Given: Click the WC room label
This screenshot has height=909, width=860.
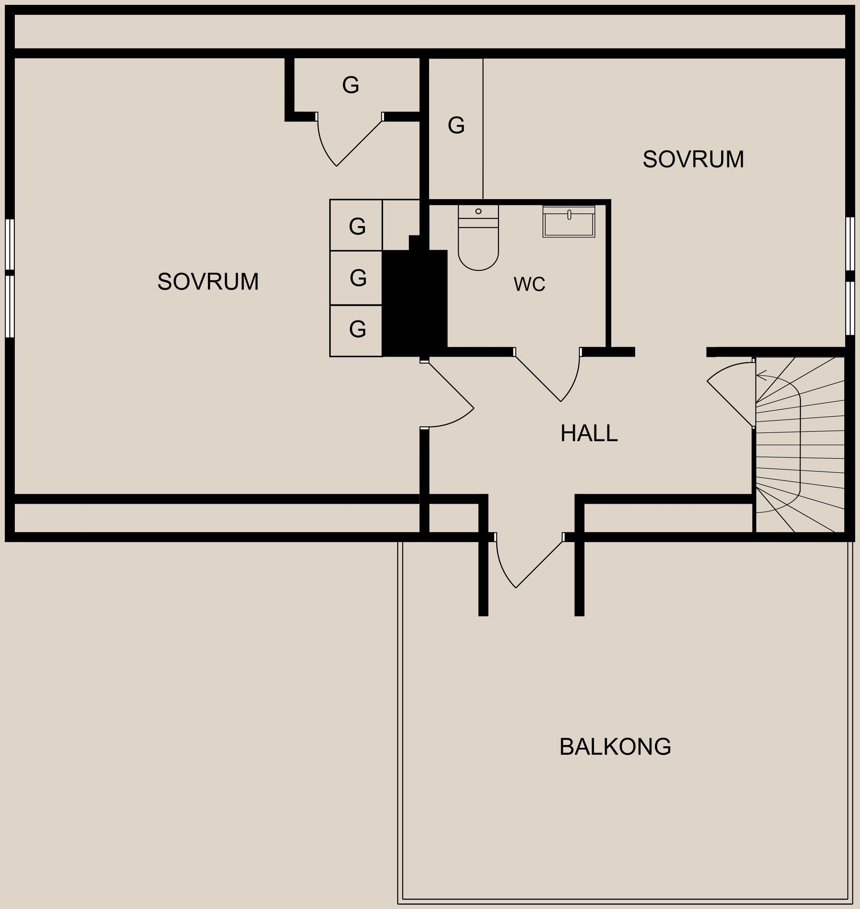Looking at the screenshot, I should pyautogui.click(x=529, y=284).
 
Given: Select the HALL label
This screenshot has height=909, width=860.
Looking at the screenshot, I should pyautogui.click(x=589, y=433).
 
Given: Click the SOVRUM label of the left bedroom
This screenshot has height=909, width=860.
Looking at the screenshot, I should pyautogui.click(x=208, y=281).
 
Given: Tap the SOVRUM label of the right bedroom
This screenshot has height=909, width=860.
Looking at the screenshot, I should pyautogui.click(x=692, y=159).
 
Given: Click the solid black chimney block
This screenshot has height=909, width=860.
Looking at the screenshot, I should pyautogui.click(x=414, y=303).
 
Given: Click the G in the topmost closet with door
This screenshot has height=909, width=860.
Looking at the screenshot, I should pyautogui.click(x=350, y=85).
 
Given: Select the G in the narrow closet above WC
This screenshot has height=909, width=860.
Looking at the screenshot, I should pyautogui.click(x=456, y=125).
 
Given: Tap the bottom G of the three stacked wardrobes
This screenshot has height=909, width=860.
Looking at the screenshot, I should pyautogui.click(x=357, y=329).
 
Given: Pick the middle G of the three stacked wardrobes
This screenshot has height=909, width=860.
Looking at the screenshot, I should pyautogui.click(x=357, y=278).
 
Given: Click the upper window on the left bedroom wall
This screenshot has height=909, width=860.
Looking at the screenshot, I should pyautogui.click(x=9, y=244).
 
